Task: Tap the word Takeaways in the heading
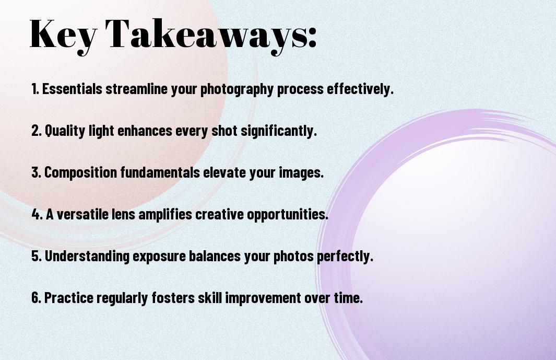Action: pyautogui.click(x=198, y=34)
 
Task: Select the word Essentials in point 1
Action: pyautogui.click(x=73, y=89)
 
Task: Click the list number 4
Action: pyautogui.click(x=36, y=214)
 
